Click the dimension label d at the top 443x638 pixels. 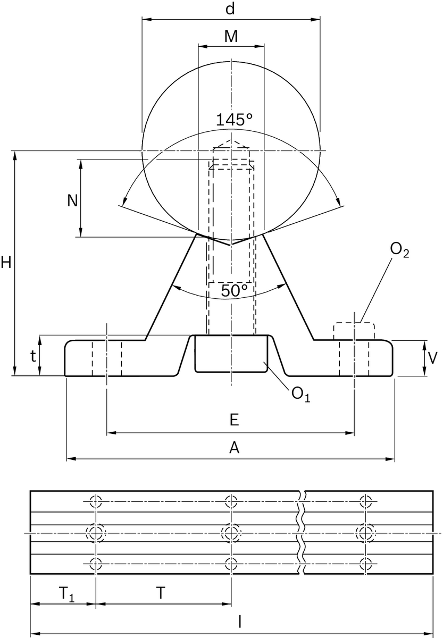point(231,9)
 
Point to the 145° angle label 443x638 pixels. point(233,120)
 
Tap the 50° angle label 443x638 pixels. point(234,291)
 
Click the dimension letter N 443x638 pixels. point(72,200)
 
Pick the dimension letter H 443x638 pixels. point(6,262)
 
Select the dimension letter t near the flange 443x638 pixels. point(33,357)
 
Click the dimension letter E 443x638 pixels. point(233,420)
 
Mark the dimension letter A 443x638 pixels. point(233,448)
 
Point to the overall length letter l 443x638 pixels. point(240,621)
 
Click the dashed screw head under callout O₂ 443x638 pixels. point(354,331)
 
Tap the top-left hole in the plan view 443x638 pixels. point(96,501)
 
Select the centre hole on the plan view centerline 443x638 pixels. point(231,532)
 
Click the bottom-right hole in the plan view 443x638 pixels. point(365,563)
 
